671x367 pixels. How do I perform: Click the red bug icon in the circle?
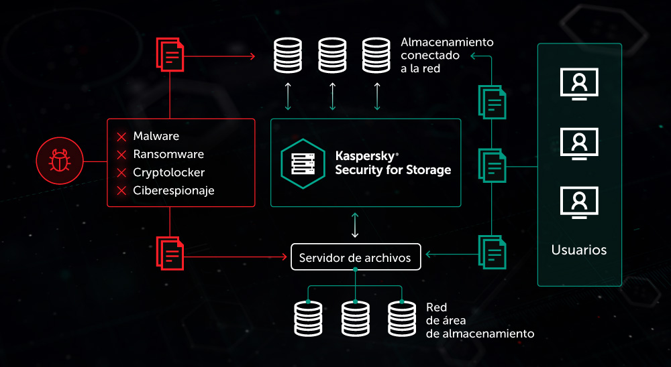point(59,161)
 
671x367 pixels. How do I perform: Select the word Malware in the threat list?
point(156,137)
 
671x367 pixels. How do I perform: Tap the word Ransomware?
point(168,155)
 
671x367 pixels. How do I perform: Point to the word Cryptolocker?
point(168,173)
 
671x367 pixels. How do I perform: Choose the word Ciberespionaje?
point(173,191)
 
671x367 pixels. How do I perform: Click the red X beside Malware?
point(121,137)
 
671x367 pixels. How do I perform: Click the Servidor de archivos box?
point(355,258)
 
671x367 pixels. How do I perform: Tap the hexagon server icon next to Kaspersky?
point(303,163)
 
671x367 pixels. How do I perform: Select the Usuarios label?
point(579,250)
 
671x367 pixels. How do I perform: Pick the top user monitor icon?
point(579,84)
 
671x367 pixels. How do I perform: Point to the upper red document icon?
point(170,54)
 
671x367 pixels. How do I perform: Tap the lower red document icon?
point(170,252)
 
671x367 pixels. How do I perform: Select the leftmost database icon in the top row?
point(288,56)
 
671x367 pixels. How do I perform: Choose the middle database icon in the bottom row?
point(355,318)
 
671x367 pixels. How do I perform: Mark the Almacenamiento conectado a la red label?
point(446,55)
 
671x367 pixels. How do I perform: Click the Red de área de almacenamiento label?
point(479,320)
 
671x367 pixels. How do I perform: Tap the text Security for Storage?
point(393,170)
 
